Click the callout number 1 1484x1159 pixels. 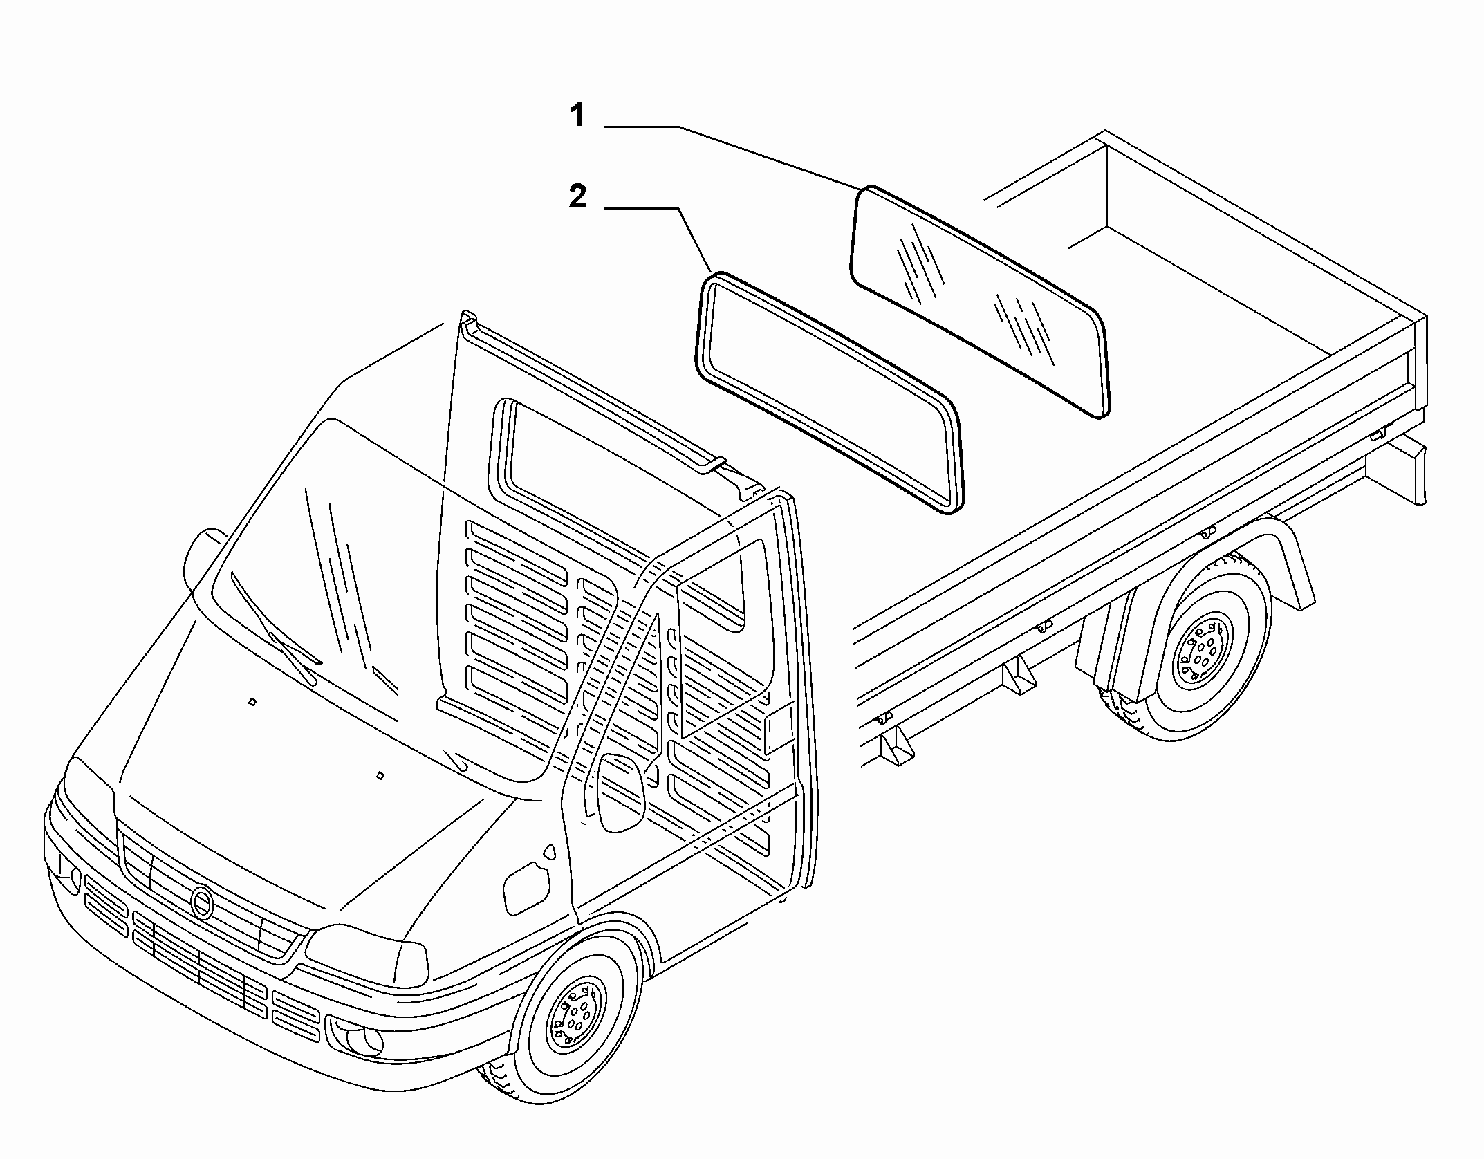577,115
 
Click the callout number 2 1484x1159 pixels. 577,196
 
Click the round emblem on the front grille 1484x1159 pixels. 203,902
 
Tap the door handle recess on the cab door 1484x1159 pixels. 528,887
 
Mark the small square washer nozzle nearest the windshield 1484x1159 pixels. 252,702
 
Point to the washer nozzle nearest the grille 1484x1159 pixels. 380,775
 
